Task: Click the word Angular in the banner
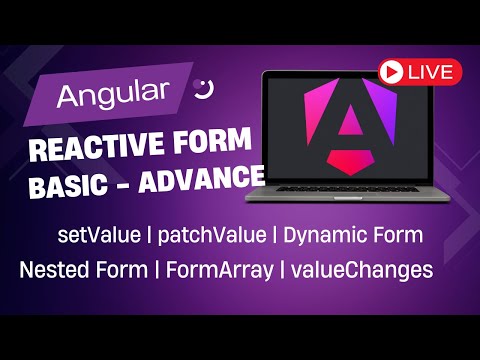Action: [x=112, y=96]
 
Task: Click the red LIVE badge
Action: [x=420, y=72]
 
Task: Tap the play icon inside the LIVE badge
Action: [x=395, y=72]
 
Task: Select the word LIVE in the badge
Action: [x=432, y=72]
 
